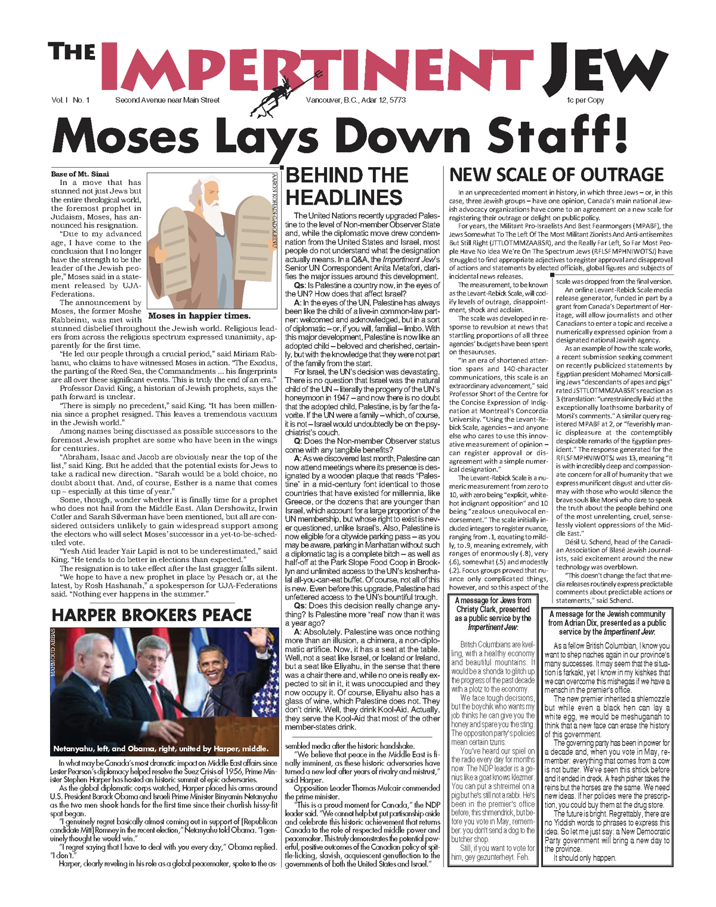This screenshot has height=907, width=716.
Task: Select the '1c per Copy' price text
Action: [585, 100]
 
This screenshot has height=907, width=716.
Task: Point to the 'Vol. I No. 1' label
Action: [70, 100]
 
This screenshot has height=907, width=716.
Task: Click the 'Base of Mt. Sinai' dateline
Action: [80, 174]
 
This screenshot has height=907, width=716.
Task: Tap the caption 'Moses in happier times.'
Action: [199, 316]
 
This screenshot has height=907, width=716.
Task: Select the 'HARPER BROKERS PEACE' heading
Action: [152, 615]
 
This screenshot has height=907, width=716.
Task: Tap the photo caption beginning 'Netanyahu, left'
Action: [161, 748]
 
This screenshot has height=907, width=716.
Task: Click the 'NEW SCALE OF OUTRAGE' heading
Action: [556, 175]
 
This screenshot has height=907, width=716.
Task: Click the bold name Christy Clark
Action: [493, 609]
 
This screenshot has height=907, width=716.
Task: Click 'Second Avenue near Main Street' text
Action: [167, 100]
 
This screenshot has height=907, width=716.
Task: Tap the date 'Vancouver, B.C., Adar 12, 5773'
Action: [356, 100]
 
